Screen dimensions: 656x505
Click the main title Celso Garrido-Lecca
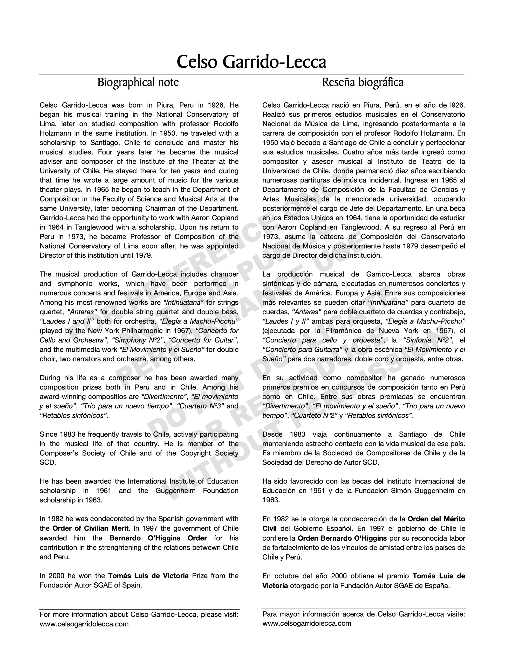click(251, 62)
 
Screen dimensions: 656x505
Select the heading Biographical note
click(138, 82)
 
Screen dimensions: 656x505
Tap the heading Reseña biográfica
click(363, 82)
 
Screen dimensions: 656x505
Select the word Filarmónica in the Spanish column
click(342, 331)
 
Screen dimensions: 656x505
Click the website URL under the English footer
click(84, 624)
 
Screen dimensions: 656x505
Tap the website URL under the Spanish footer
click(307, 624)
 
